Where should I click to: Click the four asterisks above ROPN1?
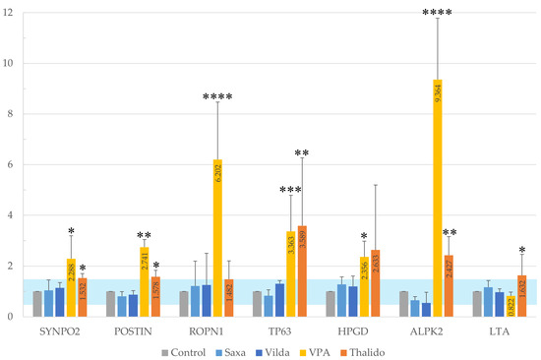coord(217,97)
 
